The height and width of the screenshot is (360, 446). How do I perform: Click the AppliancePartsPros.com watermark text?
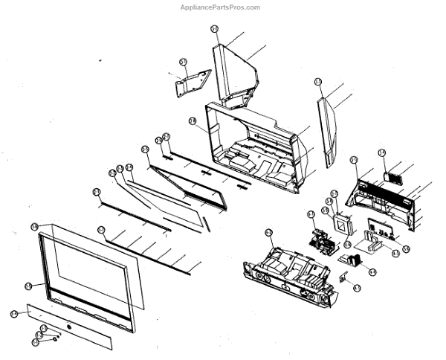pos(222,7)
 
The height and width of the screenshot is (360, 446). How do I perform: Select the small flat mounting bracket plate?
pos(193,83)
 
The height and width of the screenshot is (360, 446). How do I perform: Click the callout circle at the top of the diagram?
pos(215,29)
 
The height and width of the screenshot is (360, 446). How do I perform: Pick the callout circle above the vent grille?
pos(382,153)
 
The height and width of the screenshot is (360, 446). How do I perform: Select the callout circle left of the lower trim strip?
pos(14,314)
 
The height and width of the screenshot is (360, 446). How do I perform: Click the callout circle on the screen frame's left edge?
pos(29,285)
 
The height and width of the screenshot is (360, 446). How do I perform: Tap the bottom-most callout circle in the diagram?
pos(35,342)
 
